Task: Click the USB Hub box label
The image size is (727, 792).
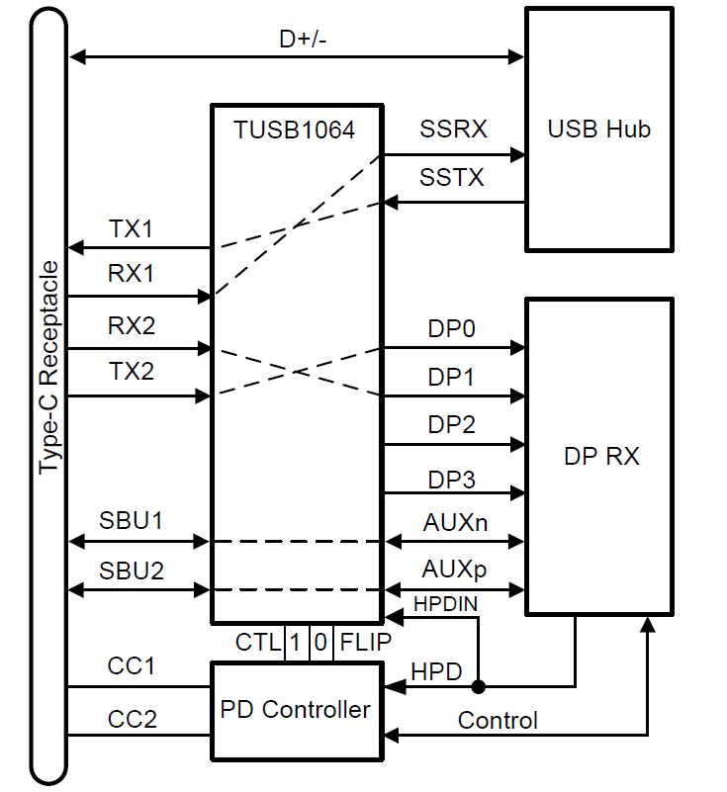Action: tap(598, 130)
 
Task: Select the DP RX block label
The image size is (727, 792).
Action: tap(601, 456)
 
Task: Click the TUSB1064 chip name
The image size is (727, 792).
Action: tap(295, 131)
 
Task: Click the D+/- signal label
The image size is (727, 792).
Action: tap(296, 41)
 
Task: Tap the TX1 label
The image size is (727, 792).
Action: tap(132, 227)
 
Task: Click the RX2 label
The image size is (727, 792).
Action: tap(132, 323)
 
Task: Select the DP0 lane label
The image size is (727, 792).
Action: tap(451, 327)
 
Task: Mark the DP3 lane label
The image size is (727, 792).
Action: tap(451, 480)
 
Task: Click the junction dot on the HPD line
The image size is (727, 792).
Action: tap(478, 685)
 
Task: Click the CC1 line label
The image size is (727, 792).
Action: tap(132, 665)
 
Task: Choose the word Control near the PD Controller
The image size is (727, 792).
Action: tap(498, 720)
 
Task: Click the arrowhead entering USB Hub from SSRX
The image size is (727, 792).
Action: tap(516, 154)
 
